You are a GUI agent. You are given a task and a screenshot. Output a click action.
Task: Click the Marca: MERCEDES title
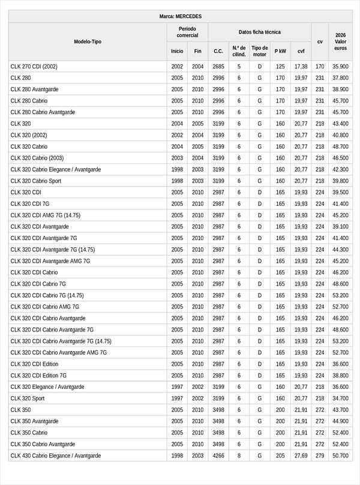coord(181,16)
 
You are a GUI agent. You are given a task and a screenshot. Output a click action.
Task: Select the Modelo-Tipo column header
coord(88,41)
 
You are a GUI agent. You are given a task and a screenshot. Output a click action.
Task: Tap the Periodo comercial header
coord(187,32)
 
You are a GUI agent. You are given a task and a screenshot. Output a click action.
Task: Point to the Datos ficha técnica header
coord(259,32)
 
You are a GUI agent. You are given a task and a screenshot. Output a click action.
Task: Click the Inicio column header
coord(177,51)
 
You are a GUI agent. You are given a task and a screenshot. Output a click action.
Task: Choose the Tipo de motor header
coord(260,51)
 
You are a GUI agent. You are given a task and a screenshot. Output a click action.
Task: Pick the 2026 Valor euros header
coord(340,41)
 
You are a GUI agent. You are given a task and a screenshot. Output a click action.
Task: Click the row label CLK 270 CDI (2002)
coord(34,67)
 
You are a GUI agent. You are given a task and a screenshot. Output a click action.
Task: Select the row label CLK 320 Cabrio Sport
coord(36,181)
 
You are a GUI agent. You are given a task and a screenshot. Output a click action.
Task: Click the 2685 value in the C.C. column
coord(218,67)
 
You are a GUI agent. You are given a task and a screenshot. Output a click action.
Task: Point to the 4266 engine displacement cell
coord(218,456)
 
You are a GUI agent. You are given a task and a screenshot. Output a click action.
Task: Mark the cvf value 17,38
coord(301,67)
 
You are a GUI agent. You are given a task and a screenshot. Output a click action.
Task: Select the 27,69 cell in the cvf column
coord(301,456)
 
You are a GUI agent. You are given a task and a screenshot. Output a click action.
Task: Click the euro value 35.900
coord(340,67)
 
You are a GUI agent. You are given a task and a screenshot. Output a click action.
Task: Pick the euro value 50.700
coord(340,456)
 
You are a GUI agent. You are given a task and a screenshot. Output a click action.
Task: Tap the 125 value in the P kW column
coord(280,67)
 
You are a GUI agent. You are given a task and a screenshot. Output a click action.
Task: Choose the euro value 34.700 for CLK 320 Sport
coord(340,398)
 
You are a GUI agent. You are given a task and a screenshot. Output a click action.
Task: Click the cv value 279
coord(319,456)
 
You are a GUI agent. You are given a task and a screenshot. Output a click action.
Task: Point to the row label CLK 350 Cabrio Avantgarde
coord(43,444)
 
